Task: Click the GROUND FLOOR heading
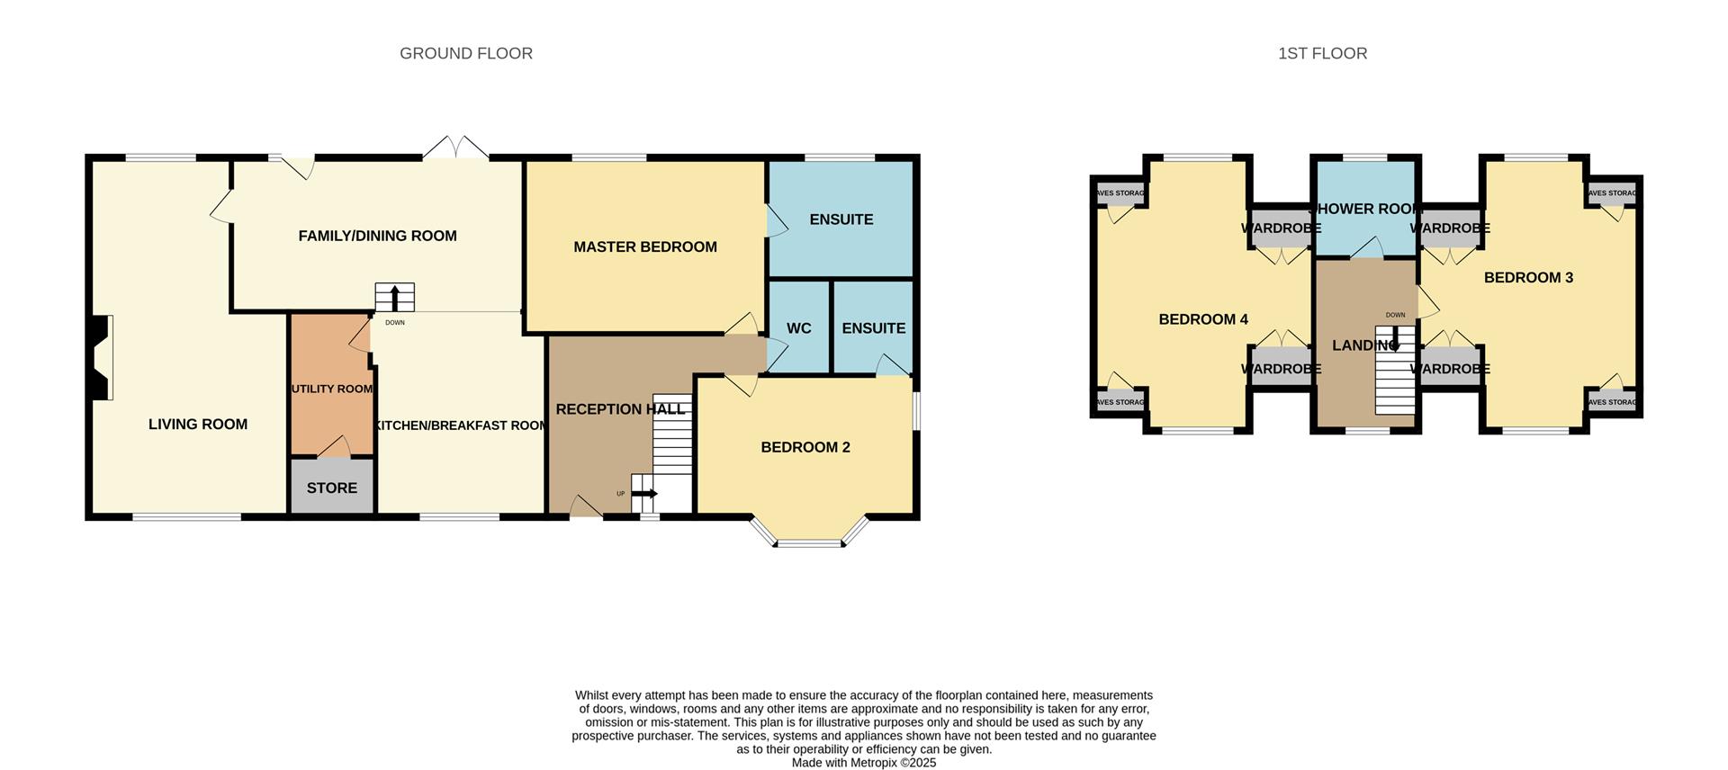(x=465, y=54)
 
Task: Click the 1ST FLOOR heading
(x=1322, y=54)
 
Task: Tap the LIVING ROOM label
(x=198, y=425)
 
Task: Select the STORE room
(x=332, y=488)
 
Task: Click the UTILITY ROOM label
(x=331, y=389)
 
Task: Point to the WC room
(x=798, y=328)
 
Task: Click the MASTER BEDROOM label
(x=645, y=246)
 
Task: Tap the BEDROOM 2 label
(x=805, y=447)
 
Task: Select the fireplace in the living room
(x=101, y=357)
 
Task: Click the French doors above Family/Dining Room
(x=456, y=148)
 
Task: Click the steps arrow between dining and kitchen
(x=394, y=298)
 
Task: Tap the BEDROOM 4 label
(x=1202, y=319)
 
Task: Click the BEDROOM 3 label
(x=1528, y=277)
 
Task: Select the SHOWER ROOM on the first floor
(x=1365, y=209)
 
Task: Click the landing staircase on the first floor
(x=1394, y=378)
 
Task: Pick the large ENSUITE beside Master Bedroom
(x=841, y=219)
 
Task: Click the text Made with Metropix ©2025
(x=863, y=763)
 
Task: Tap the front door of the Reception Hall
(x=587, y=508)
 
